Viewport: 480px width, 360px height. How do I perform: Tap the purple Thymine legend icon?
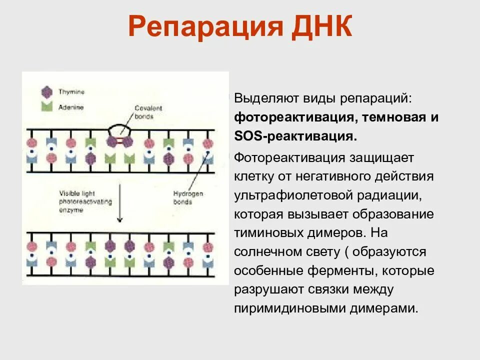tap(47, 92)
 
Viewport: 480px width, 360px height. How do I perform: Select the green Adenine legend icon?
tap(47, 107)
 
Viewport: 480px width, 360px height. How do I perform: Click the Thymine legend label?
tap(71, 92)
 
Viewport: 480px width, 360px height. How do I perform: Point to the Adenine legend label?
tap(71, 107)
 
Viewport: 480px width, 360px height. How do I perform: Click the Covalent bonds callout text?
tap(148, 112)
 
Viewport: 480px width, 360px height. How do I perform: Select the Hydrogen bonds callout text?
tap(189, 198)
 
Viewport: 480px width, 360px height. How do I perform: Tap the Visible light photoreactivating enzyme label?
tap(85, 201)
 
